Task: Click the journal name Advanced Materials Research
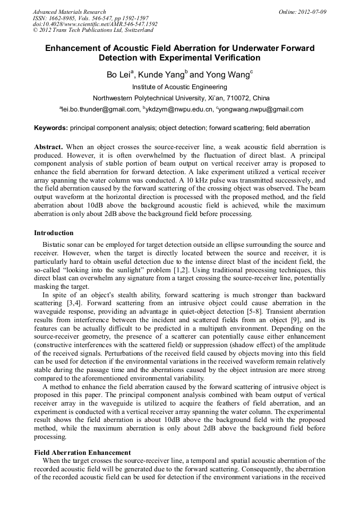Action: (69, 12)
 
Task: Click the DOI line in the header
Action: (95, 24)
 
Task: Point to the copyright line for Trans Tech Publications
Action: (93, 30)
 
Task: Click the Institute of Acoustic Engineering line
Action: (179, 87)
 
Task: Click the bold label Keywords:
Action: (51, 128)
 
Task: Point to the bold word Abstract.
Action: (48, 146)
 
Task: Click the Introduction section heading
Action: (54, 233)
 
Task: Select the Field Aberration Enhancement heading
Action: (82, 453)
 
